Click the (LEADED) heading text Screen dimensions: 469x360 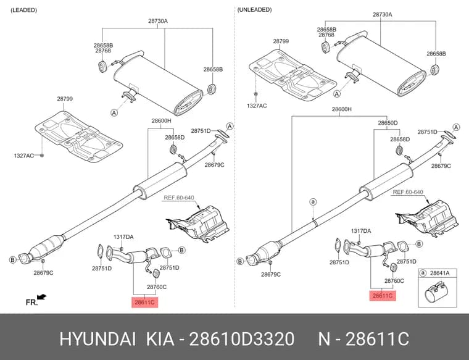click(x=23, y=10)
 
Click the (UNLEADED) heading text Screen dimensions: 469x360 click(x=254, y=10)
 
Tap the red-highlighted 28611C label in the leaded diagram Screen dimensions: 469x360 click(x=144, y=303)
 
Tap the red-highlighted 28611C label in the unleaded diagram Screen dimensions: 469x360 click(x=383, y=296)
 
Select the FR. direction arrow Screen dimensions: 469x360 click(x=41, y=297)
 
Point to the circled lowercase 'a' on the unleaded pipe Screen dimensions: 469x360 click(x=313, y=202)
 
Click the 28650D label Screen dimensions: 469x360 click(x=388, y=123)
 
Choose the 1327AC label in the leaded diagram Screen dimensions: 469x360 click(x=24, y=156)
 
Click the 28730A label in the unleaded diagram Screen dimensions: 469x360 click(x=382, y=14)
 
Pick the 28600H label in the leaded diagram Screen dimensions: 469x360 click(x=161, y=121)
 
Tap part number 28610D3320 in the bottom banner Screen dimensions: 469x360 click(x=242, y=339)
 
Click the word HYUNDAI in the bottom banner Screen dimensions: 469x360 click(x=98, y=339)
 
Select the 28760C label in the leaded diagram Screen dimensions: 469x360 click(x=157, y=287)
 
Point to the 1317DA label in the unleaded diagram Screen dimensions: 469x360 click(x=361, y=231)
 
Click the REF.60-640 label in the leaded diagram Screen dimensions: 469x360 click(x=179, y=198)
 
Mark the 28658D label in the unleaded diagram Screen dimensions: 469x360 click(x=400, y=139)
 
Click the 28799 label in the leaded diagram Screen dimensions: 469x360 click(x=65, y=99)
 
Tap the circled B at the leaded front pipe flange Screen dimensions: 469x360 click(x=12, y=260)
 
